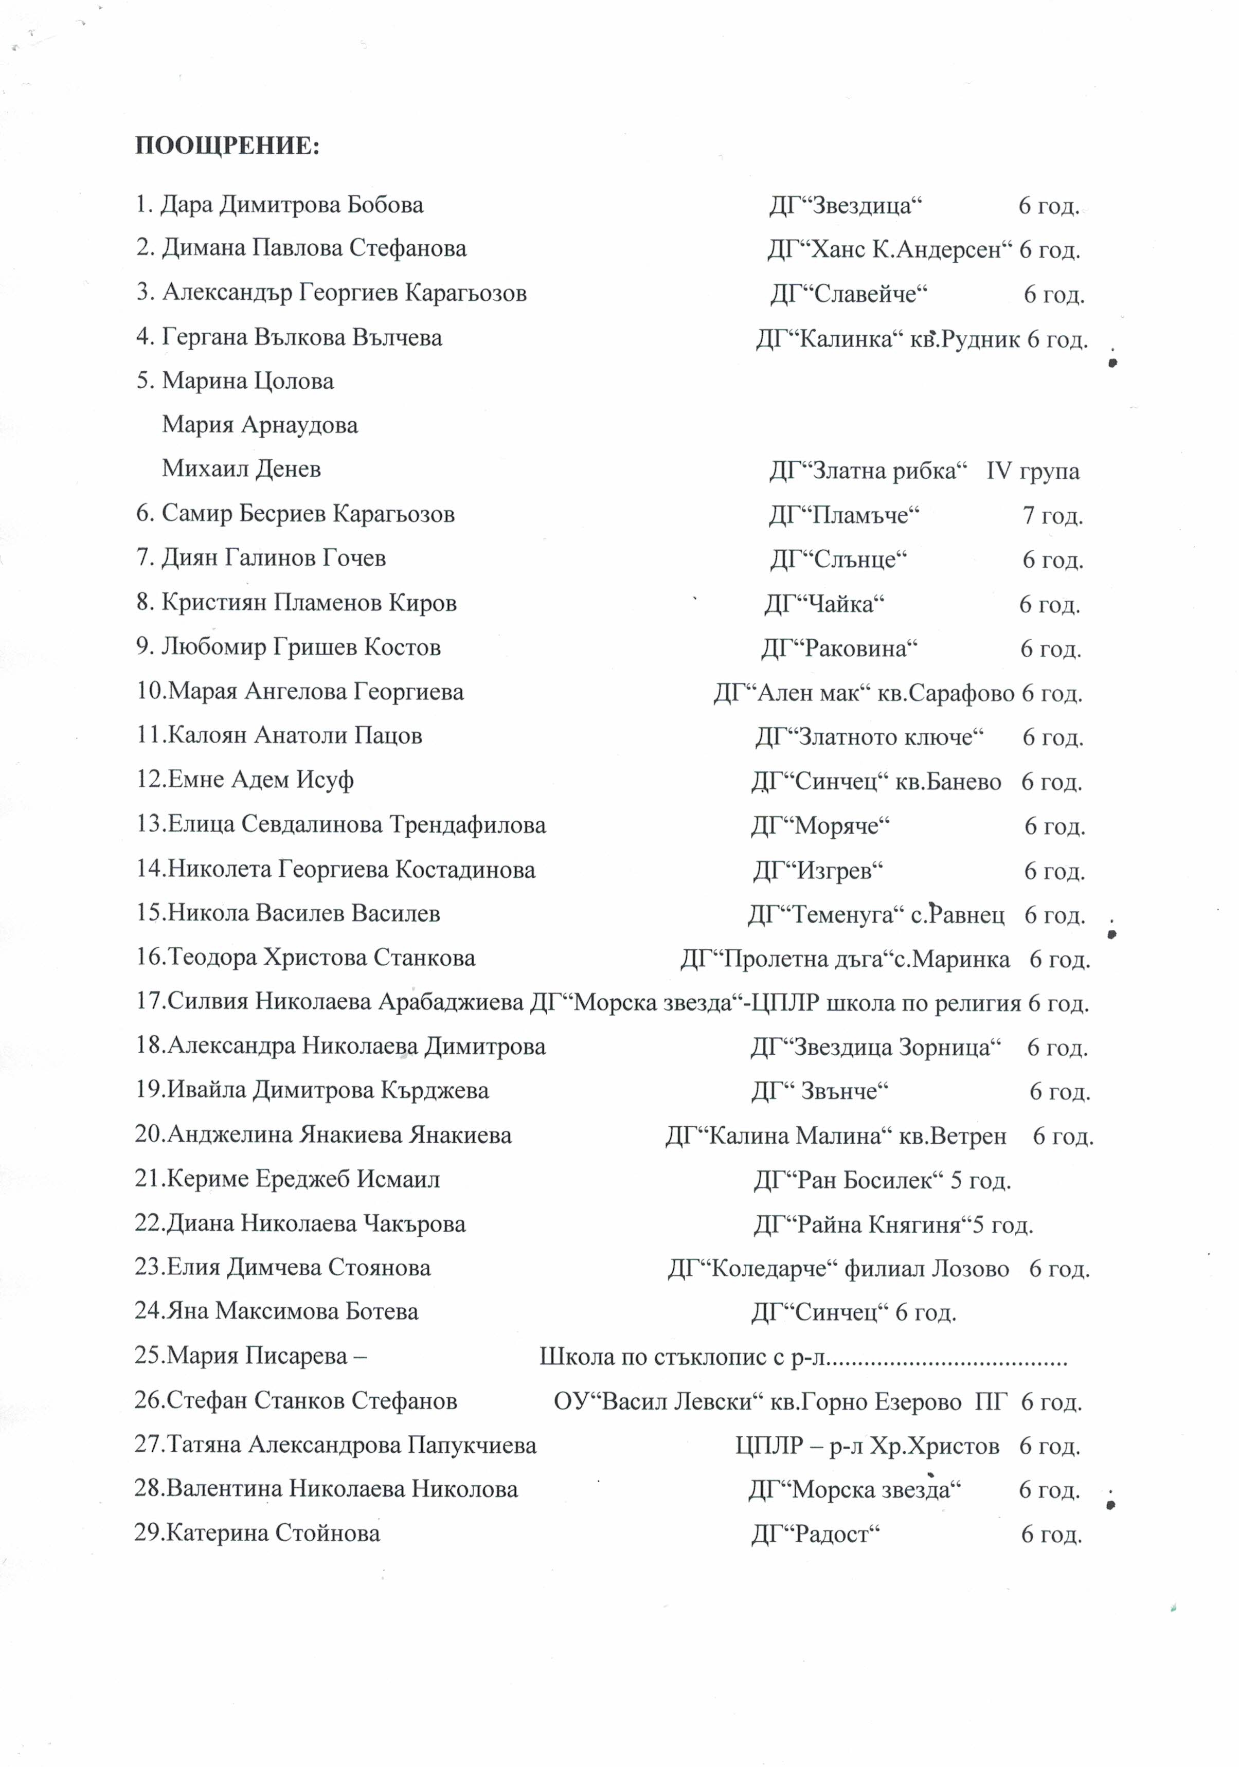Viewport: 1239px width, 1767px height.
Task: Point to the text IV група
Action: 1032,471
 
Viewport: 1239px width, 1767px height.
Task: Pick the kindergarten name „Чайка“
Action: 824,604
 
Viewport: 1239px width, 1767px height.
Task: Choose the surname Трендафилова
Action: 467,825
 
